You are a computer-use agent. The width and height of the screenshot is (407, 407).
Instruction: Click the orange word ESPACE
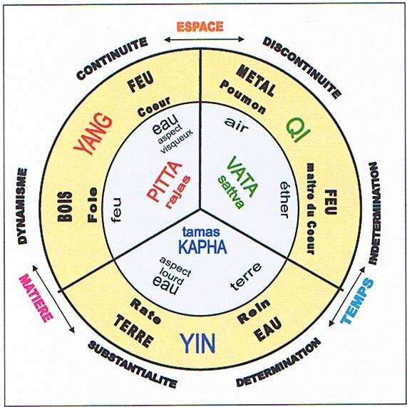pos(200,27)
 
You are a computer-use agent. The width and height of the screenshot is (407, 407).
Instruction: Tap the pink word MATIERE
pos(36,298)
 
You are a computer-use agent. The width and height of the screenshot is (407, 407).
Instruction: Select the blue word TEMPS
pos(357,301)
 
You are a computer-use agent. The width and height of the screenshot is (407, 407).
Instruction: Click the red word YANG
pos(93,133)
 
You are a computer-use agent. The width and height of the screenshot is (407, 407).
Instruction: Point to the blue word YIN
pos(197,344)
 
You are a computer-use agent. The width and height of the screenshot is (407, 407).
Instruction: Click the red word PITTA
pos(164,181)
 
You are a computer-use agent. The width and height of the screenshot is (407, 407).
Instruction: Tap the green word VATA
pos(242,177)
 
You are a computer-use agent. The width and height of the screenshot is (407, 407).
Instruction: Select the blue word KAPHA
pos(202,247)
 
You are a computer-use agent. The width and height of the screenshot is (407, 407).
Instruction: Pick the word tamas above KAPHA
pos(201,232)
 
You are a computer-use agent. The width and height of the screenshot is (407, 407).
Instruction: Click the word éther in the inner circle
pos(285,200)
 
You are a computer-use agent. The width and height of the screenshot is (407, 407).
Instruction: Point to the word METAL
pos(256,81)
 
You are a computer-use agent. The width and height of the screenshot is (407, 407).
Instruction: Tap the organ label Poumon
pos(242,98)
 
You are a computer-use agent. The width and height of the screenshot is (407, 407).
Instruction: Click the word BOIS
pos(65,207)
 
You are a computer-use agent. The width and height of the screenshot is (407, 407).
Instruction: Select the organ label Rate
pos(145,311)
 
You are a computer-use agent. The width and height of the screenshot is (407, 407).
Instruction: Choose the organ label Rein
pos(254,311)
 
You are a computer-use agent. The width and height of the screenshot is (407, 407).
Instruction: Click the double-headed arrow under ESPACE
pos(205,39)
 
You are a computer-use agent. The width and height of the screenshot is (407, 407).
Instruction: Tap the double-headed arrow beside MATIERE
pos(53,299)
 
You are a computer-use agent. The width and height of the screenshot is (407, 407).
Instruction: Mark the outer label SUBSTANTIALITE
pos(133,365)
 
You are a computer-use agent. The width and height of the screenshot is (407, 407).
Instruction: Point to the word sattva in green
pos(231,192)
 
